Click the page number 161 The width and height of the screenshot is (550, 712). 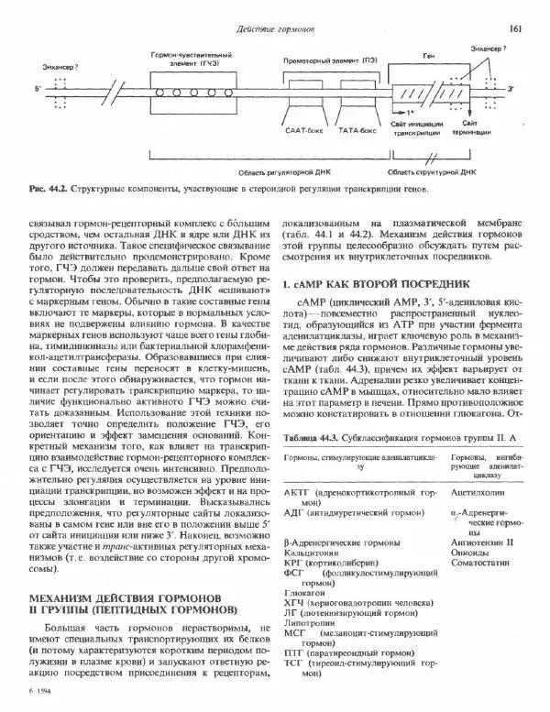(x=515, y=29)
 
